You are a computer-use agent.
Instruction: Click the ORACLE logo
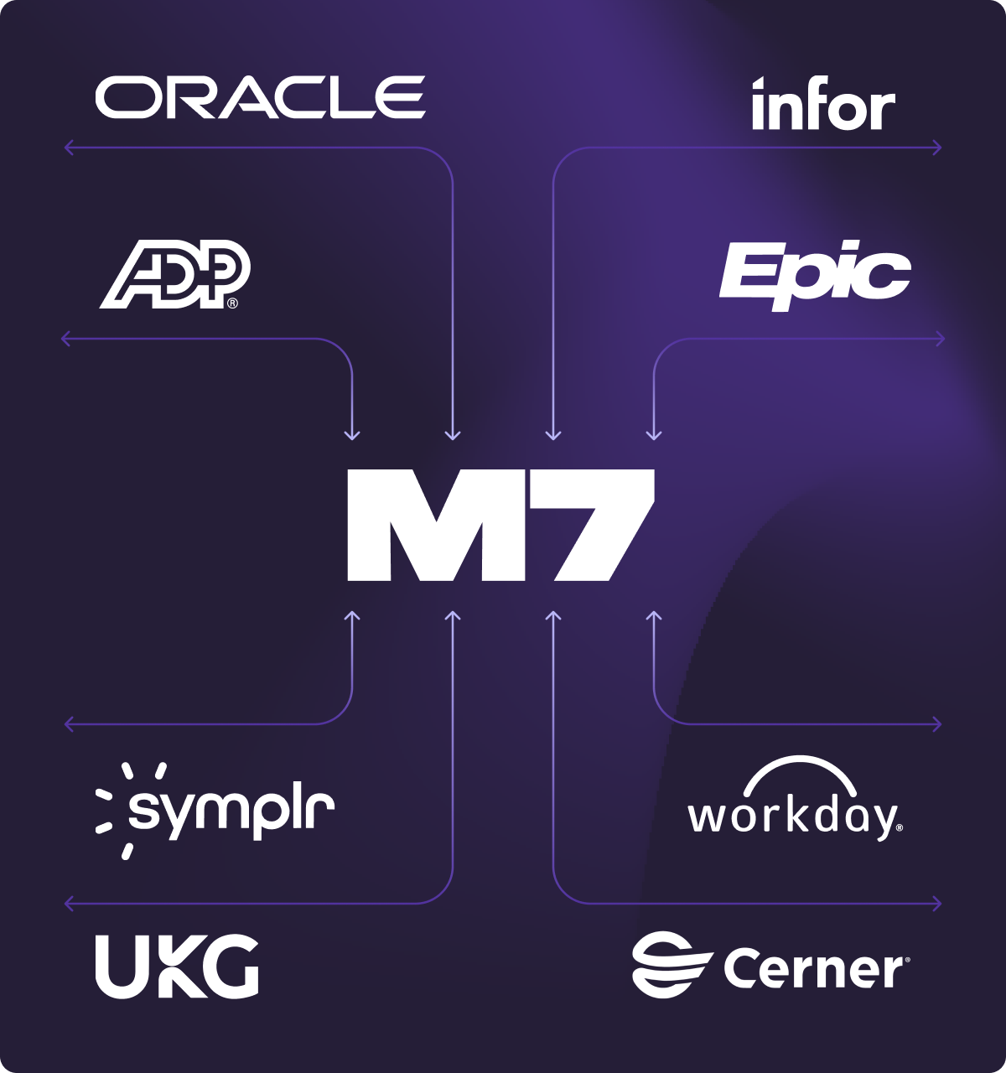coord(260,96)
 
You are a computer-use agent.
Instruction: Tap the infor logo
coord(823,105)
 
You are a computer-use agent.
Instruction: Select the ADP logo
coord(175,275)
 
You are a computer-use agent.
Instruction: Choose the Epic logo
coord(815,272)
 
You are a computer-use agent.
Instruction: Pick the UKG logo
coord(176,966)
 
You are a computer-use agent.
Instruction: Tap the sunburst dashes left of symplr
coord(112,809)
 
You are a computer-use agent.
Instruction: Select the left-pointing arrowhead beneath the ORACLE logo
coord(68,148)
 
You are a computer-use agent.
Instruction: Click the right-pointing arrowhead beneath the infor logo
coord(938,148)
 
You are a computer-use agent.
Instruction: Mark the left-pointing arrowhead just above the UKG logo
coord(68,904)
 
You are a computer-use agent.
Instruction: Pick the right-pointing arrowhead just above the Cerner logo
coord(938,904)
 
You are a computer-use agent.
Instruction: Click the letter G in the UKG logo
coord(231,966)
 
